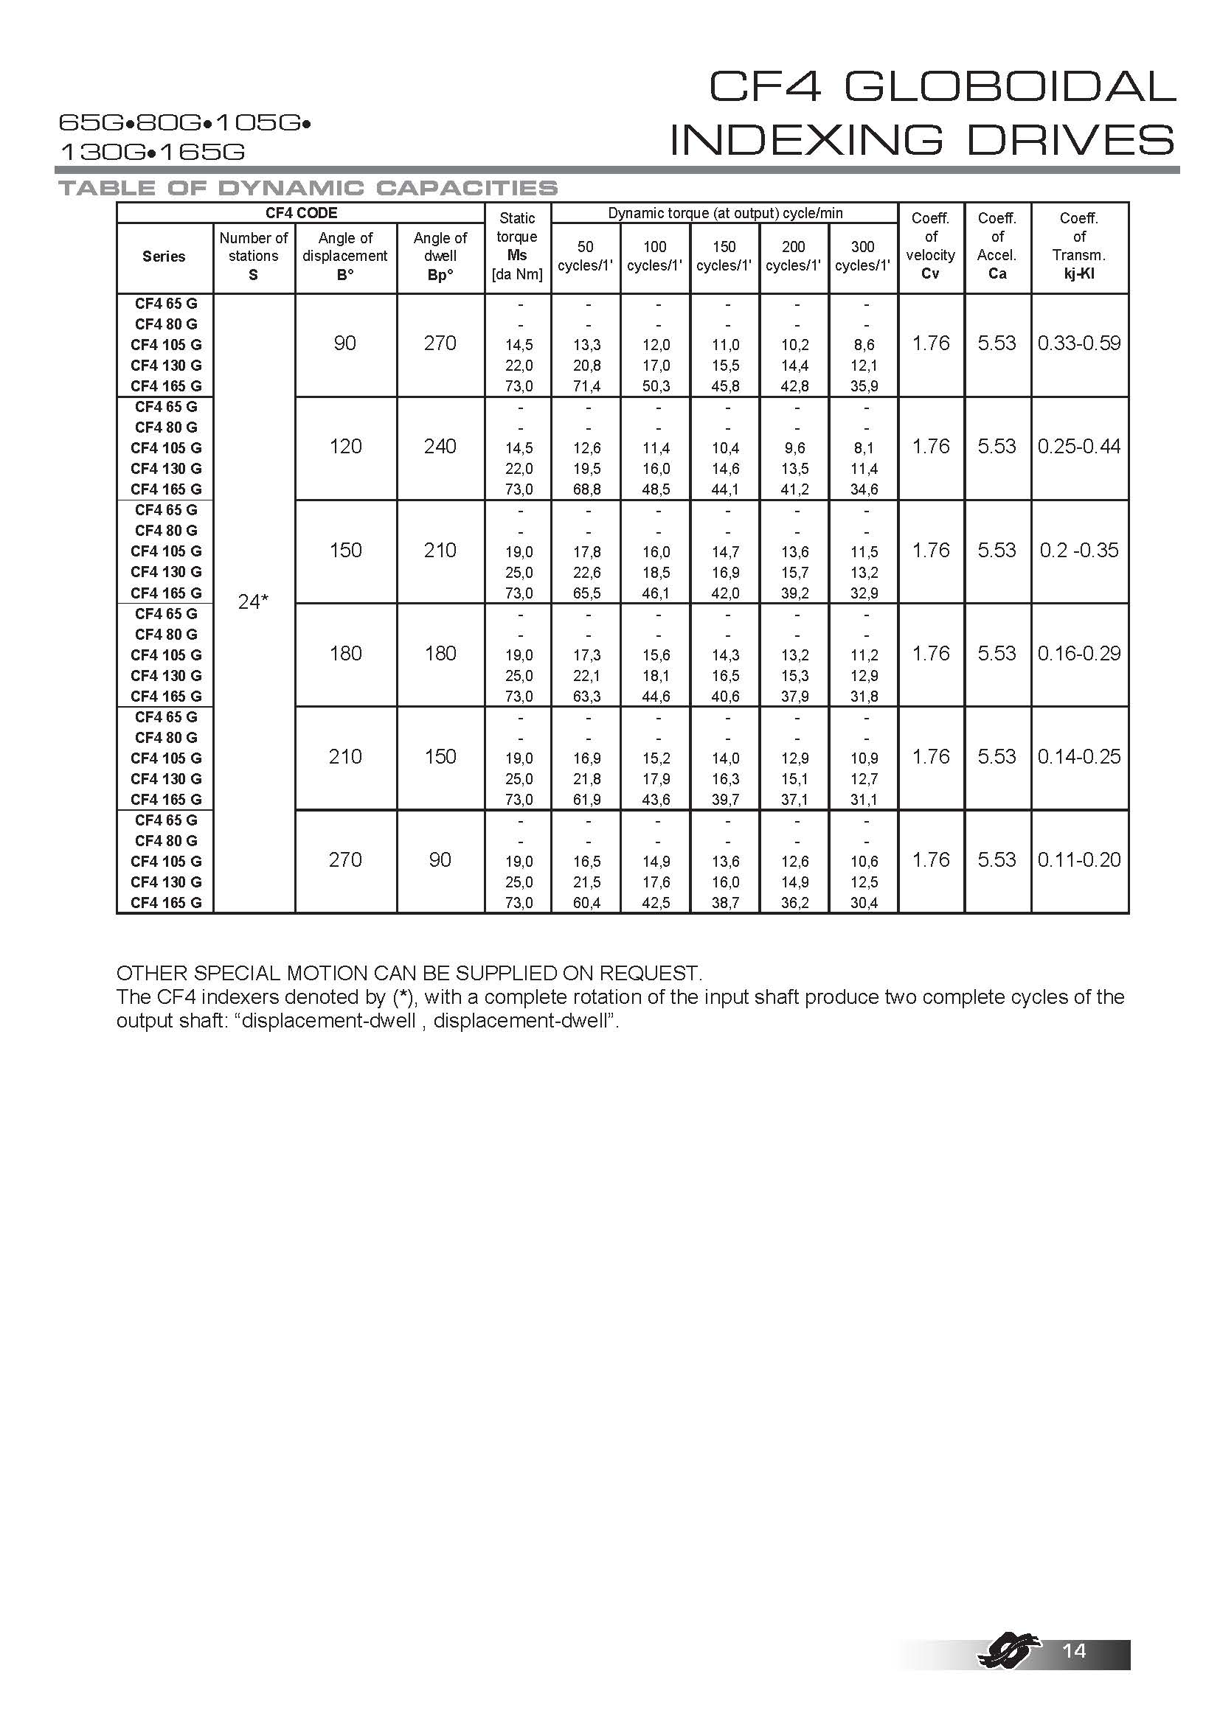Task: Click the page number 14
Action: point(1074,1650)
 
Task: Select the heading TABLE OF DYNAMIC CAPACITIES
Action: point(308,188)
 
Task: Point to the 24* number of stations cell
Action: point(253,602)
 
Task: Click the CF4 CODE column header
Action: point(300,213)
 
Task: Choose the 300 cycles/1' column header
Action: point(862,256)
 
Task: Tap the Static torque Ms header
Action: point(517,246)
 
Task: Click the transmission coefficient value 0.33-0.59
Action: point(1079,344)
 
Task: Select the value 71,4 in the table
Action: point(586,387)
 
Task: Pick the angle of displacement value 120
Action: point(344,447)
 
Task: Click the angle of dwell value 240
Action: point(440,447)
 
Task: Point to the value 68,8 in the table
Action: point(586,489)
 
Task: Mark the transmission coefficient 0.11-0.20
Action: point(1079,859)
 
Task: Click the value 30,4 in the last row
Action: point(864,904)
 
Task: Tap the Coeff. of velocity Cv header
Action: point(930,246)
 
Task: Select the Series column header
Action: point(164,256)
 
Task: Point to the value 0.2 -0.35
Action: point(1079,551)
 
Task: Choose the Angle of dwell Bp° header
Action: point(440,256)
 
